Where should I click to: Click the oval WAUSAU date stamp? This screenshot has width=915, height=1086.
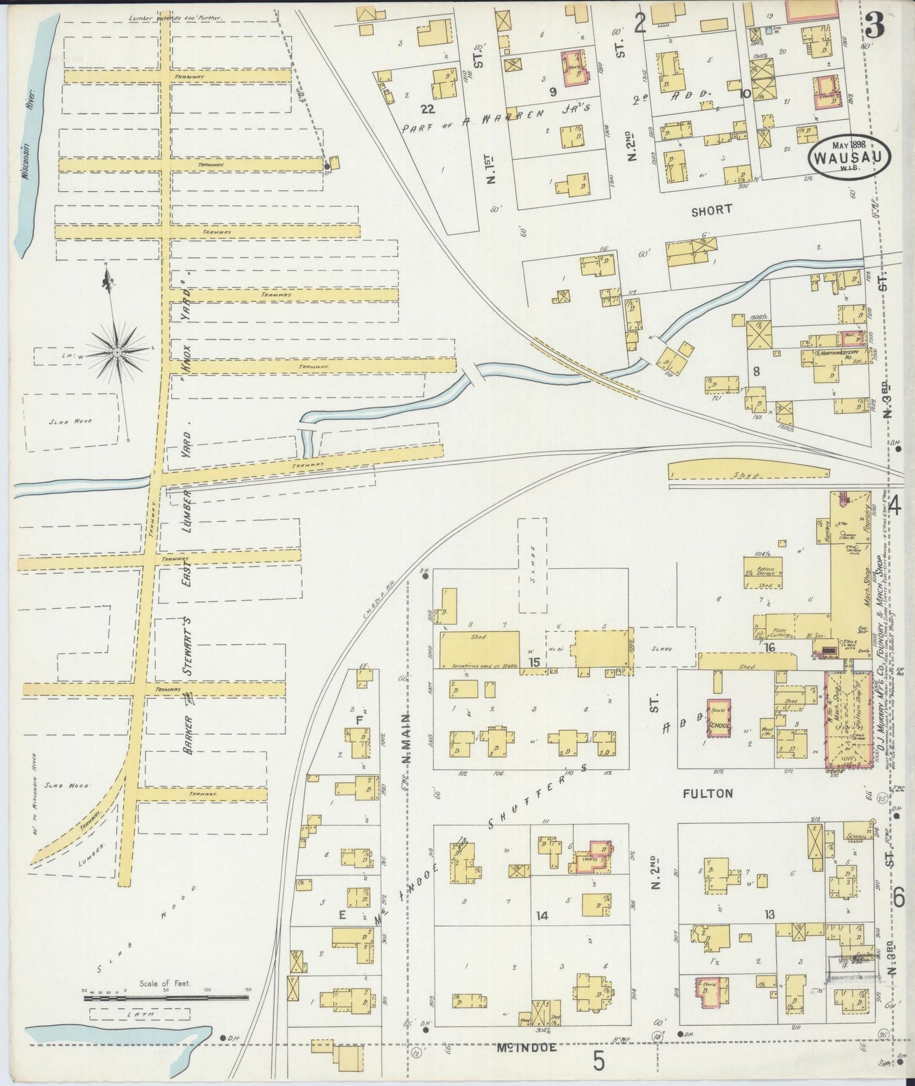click(849, 155)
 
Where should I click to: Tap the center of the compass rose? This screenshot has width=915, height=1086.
click(118, 351)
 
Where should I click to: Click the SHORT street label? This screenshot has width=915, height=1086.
click(712, 209)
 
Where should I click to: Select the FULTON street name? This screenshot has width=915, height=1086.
click(708, 793)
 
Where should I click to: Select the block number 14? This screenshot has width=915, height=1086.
click(541, 915)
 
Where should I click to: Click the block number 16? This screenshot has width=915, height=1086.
click(769, 648)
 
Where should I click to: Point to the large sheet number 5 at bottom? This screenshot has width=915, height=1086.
click(597, 1059)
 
